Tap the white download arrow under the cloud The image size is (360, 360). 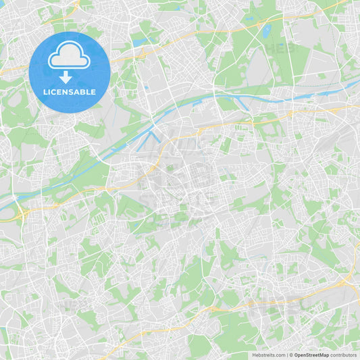point(66,76)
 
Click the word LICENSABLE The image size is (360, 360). point(69,92)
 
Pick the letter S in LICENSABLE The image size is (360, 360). point(73,92)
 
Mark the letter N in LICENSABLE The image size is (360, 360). point(68,92)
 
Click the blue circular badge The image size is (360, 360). point(69,71)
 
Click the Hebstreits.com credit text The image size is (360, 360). point(269,355)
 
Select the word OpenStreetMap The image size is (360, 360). point(312,355)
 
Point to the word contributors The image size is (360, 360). point(343,355)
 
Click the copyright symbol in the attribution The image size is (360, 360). point(291,355)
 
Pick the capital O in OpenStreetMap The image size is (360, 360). point(297,355)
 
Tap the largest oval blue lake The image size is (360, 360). point(265,31)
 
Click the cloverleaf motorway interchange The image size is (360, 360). point(20,215)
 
